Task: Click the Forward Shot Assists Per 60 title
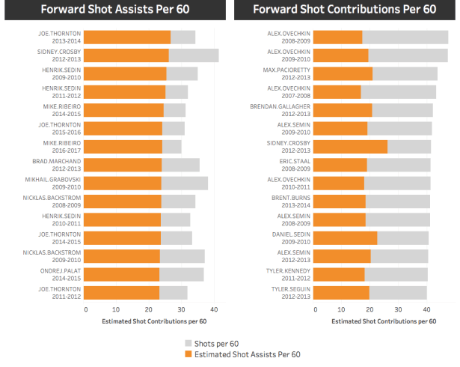(114, 10)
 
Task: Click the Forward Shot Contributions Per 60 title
(345, 10)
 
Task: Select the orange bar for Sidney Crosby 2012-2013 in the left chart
(126, 55)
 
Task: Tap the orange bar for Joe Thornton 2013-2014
(127, 37)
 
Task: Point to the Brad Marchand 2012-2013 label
(60, 165)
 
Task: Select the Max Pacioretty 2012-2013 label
(289, 73)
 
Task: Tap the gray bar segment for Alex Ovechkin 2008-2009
(405, 37)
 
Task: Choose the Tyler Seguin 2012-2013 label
(290, 292)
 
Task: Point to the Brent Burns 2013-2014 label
(290, 201)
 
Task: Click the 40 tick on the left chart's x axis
(214, 309)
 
